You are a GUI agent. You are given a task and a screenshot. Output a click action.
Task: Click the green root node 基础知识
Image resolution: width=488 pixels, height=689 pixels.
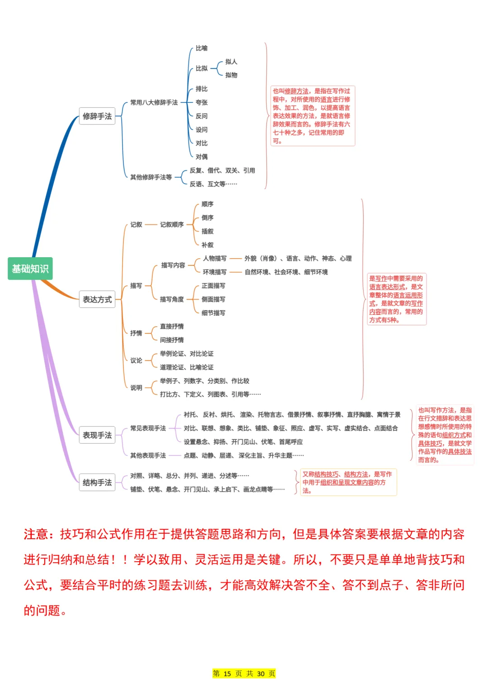point(30,269)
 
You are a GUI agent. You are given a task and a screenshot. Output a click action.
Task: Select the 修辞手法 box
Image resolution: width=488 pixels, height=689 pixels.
point(97,116)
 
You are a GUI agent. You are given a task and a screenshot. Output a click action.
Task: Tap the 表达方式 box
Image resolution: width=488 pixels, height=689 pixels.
point(97,299)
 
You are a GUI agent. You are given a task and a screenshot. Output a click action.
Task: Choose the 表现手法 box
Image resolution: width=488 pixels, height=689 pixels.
point(97,435)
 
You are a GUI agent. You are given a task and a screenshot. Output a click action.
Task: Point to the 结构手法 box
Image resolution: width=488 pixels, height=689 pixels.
point(97,483)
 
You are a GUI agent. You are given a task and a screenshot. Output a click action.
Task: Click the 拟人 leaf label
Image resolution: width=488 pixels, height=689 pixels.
point(231,62)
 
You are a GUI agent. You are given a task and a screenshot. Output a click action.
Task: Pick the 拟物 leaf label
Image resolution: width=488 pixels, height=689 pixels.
point(231,75)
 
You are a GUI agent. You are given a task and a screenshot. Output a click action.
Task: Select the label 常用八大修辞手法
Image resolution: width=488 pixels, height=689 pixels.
point(154,102)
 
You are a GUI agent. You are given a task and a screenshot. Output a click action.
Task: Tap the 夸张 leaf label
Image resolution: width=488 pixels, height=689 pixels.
point(202,102)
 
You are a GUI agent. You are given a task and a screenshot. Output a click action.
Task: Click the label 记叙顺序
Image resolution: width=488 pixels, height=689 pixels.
point(172,225)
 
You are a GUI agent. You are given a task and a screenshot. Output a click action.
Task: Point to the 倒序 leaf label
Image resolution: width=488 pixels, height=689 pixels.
point(207,218)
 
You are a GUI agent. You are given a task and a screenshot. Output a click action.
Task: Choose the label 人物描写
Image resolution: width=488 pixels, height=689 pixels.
point(215,259)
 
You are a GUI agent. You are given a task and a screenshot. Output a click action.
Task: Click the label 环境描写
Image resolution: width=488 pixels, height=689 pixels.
point(215,272)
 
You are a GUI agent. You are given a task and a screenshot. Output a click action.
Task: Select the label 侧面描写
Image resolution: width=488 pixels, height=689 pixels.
point(213,299)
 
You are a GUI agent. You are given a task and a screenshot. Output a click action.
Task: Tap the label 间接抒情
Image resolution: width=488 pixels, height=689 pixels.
point(172,340)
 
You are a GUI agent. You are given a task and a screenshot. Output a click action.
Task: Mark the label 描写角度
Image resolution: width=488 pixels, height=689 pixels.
point(172,299)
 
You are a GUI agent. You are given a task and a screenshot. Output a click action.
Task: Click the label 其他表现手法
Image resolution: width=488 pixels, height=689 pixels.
point(148,456)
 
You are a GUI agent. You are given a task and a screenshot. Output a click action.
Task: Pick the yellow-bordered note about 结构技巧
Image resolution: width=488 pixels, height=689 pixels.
point(348,482)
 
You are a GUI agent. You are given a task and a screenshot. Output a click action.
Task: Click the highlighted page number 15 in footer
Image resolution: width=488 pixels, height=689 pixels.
point(227,674)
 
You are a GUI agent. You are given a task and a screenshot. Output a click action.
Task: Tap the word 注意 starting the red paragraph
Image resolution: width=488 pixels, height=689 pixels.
point(36,535)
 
